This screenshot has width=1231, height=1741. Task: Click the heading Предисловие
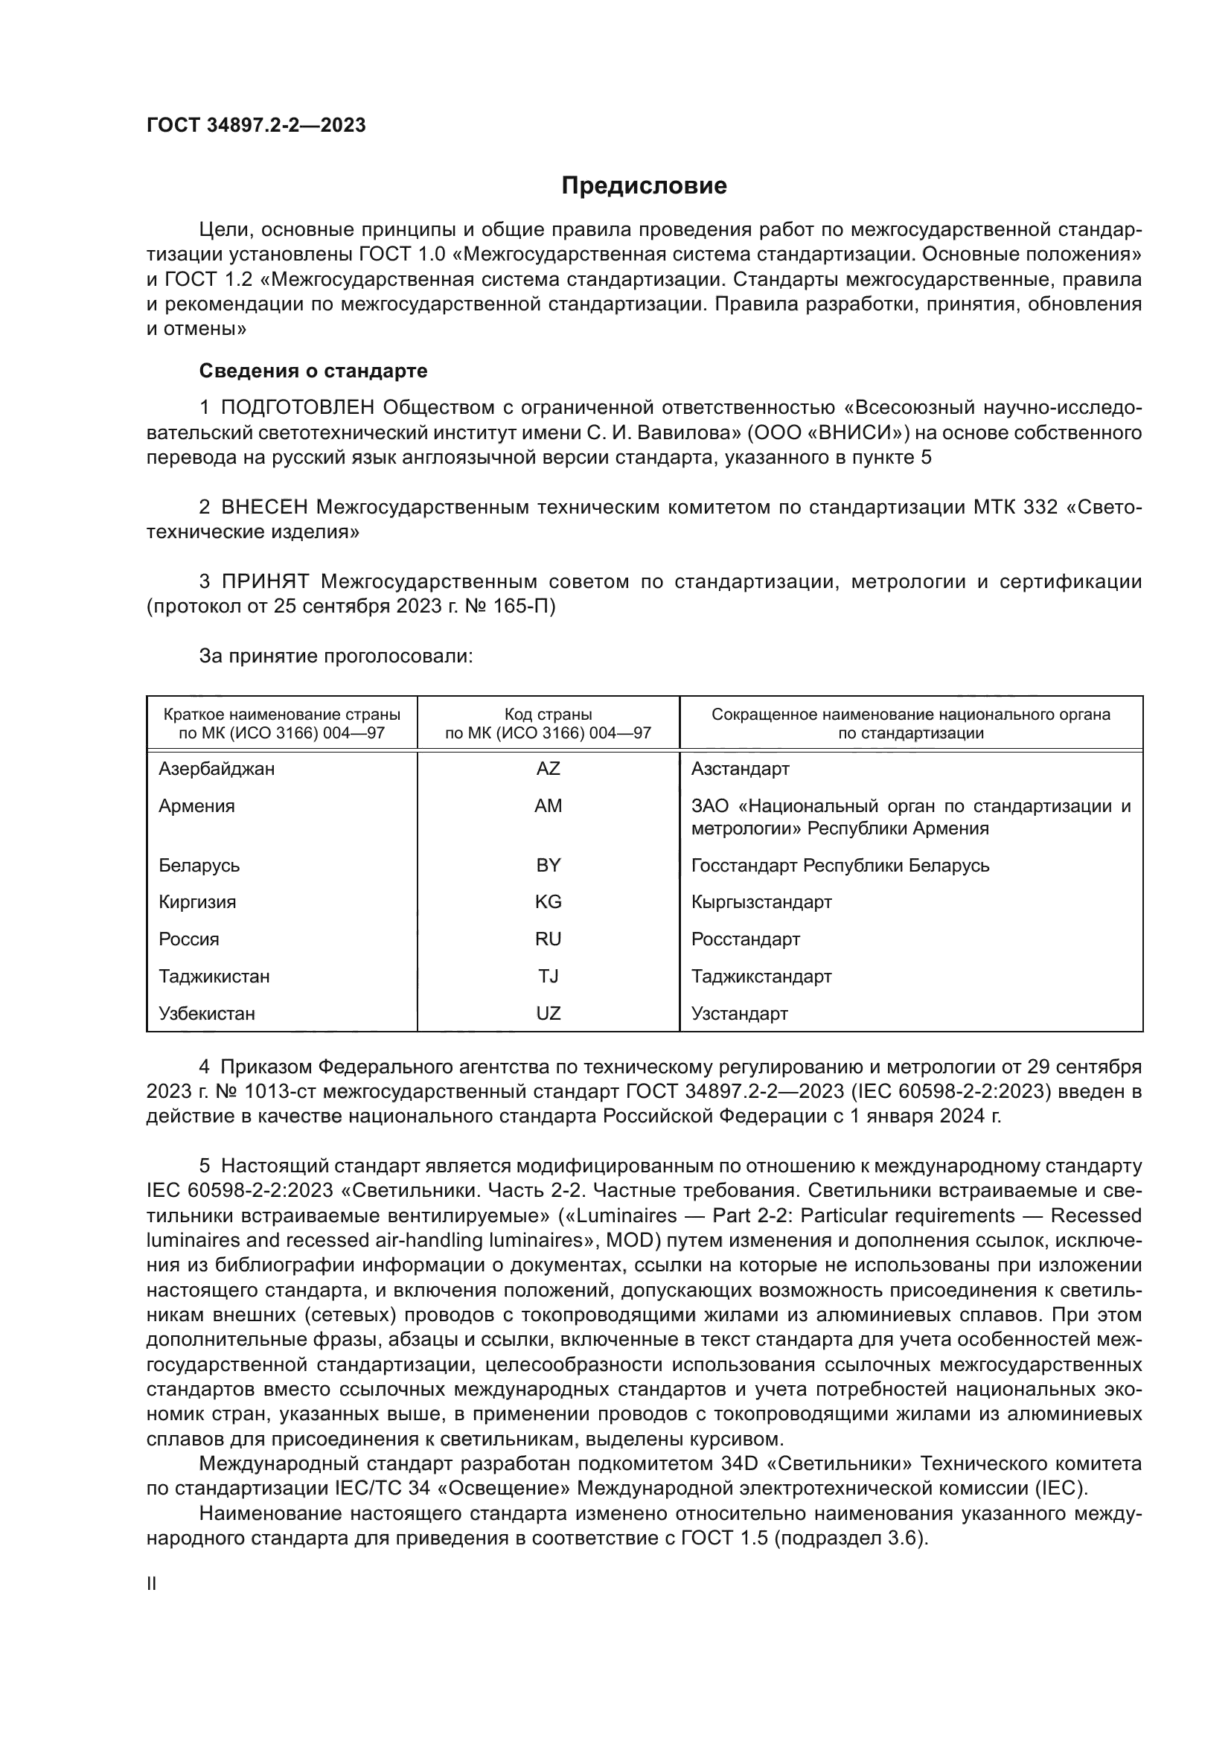click(644, 186)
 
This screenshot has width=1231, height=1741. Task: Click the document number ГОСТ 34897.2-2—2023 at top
click(256, 125)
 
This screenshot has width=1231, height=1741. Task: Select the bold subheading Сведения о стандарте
click(313, 371)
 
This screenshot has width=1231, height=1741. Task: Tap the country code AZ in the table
click(548, 769)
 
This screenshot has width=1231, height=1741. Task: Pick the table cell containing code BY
click(548, 865)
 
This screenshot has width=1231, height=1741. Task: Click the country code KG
click(548, 902)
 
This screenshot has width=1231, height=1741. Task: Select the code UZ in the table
click(548, 1014)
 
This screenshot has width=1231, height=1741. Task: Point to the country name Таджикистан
click(214, 977)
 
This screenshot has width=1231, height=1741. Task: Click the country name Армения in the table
click(196, 806)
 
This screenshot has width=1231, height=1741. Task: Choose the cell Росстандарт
click(745, 939)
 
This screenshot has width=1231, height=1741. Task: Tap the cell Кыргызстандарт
click(761, 902)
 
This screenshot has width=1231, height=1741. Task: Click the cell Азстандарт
click(740, 769)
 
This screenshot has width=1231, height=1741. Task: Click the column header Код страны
click(548, 715)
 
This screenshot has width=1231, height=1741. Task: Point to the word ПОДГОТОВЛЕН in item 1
click(297, 408)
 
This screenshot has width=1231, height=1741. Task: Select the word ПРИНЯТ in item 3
click(265, 582)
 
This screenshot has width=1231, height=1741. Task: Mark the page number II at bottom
click(152, 1584)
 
